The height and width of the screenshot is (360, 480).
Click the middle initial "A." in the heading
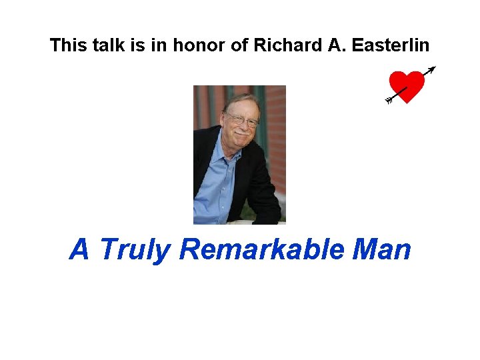323,45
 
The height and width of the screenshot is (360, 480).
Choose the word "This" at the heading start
66,45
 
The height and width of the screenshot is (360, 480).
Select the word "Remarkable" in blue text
261,249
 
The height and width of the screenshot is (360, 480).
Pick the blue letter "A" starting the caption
79,249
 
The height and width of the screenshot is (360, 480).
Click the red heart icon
408,85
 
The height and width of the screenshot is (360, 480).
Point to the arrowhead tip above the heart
433,68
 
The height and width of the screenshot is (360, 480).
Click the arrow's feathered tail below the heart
389,100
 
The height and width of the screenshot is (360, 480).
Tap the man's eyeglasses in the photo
241,121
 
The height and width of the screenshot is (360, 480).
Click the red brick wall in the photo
275,133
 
